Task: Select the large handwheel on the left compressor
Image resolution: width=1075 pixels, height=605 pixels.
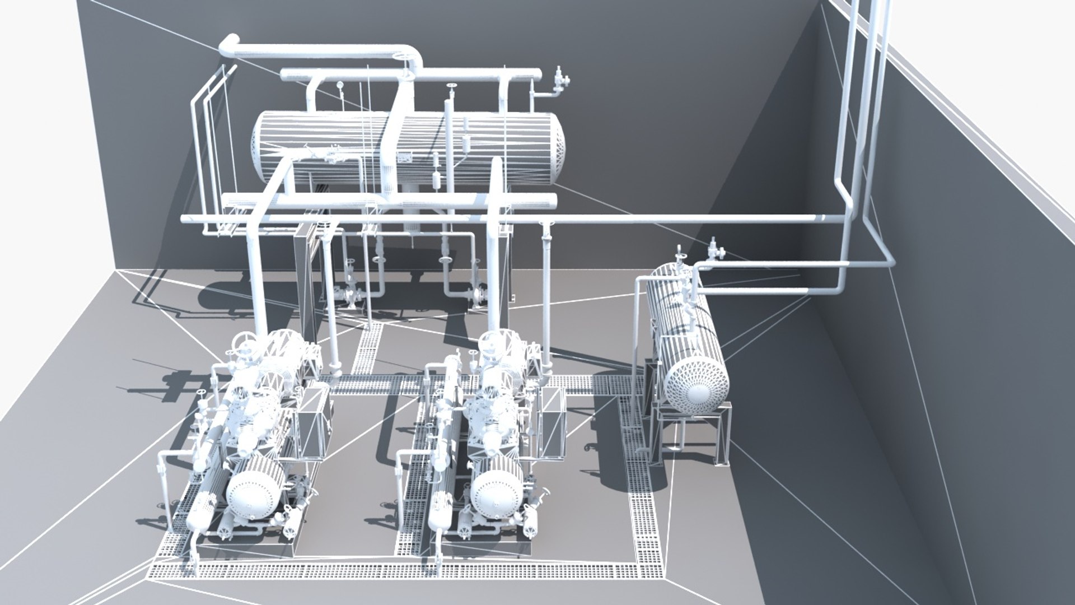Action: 245,341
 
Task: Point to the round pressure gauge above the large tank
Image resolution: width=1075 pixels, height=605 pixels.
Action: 339,85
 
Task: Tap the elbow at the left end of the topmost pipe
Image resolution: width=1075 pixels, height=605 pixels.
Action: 228,45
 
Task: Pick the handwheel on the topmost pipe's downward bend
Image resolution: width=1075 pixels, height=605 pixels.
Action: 401,56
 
